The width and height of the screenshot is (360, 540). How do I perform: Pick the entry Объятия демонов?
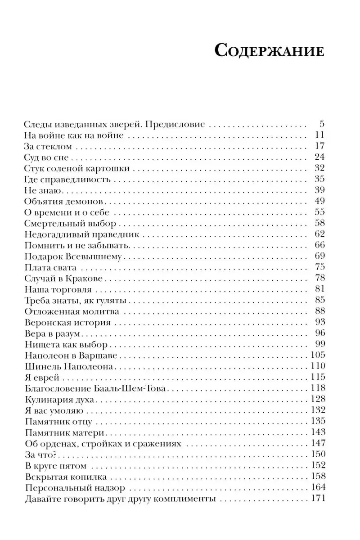click(63, 200)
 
